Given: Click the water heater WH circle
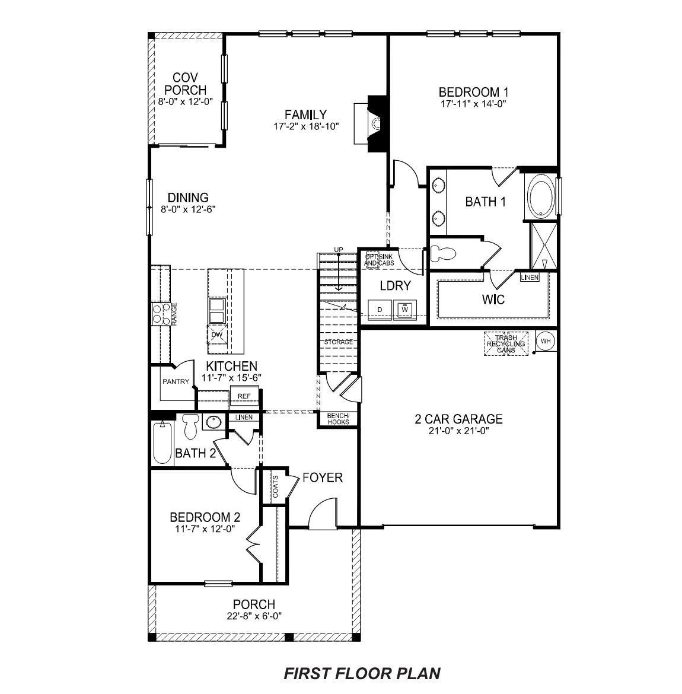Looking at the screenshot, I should (546, 341).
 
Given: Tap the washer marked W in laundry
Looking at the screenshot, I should (405, 309).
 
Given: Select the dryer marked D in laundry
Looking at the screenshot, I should (380, 309).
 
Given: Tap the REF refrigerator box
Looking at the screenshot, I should (244, 396).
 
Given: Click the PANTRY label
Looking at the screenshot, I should (176, 381).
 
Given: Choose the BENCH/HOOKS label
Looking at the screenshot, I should (339, 419).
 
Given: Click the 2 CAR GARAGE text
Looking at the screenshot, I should (458, 419).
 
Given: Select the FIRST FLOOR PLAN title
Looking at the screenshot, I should (362, 673).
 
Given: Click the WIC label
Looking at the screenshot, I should (493, 300).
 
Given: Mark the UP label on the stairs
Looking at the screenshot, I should (339, 249).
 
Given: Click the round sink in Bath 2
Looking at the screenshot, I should (212, 422).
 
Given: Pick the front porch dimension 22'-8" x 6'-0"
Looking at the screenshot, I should (253, 616).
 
